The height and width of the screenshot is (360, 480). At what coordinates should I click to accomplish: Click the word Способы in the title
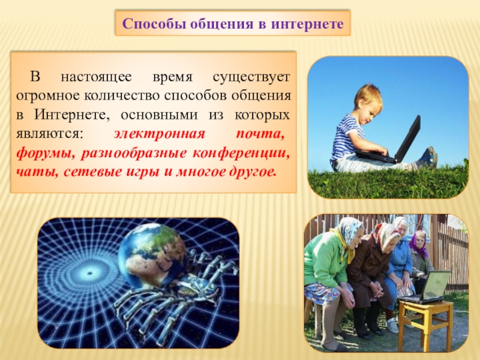(154, 23)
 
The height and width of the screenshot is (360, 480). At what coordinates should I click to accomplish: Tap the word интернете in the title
(307, 23)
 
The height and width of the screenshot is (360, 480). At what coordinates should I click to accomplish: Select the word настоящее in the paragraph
(96, 77)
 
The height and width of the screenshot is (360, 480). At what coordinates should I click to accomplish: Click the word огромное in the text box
(49, 95)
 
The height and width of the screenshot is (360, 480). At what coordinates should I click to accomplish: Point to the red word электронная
(159, 134)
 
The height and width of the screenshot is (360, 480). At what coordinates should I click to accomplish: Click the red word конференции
(241, 153)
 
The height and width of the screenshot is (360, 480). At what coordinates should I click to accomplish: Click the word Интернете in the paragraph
(71, 115)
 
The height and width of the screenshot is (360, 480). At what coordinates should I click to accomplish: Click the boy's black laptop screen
(408, 139)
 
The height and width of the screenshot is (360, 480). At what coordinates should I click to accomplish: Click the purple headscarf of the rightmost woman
(418, 242)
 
